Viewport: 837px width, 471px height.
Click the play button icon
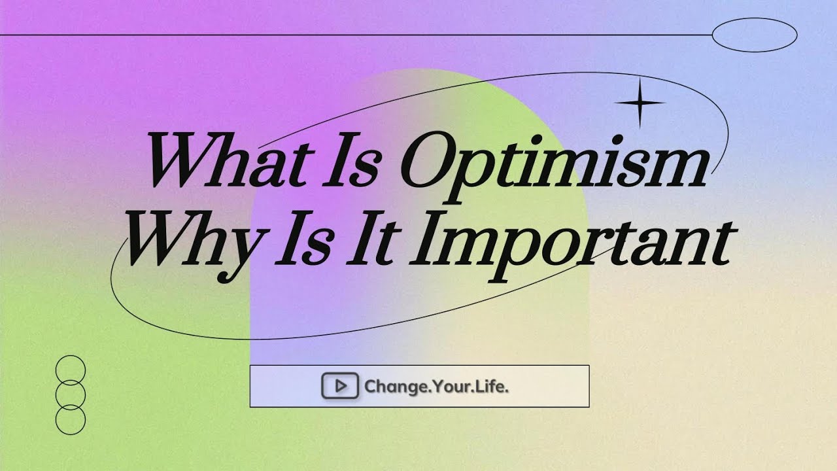pos(339,386)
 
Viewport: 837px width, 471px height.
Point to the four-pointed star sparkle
pos(640,103)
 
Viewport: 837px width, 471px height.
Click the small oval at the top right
pos(754,35)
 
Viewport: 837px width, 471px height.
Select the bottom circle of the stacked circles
pos(71,420)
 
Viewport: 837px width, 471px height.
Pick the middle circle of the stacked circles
pos(71,395)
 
